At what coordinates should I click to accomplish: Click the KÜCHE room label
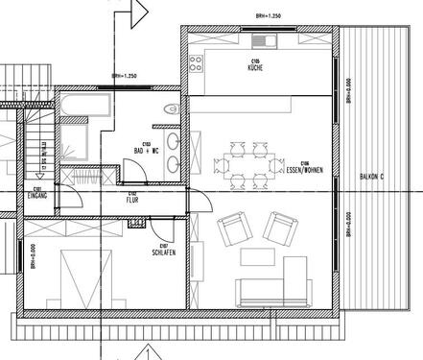tap(255, 68)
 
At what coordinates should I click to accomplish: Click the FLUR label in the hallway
tap(133, 200)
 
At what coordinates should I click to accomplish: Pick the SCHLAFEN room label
tap(162, 252)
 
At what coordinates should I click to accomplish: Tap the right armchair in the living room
tap(280, 228)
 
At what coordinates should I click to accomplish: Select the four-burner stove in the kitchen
tap(198, 63)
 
